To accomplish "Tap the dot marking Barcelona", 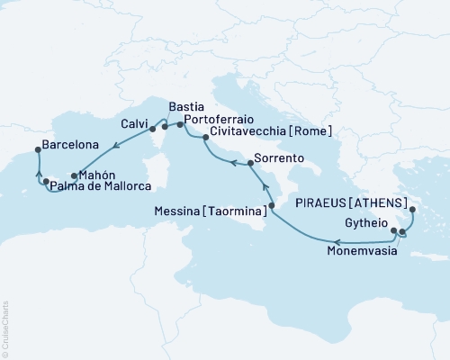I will tap(37, 150).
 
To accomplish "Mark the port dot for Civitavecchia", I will tap(206, 138).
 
